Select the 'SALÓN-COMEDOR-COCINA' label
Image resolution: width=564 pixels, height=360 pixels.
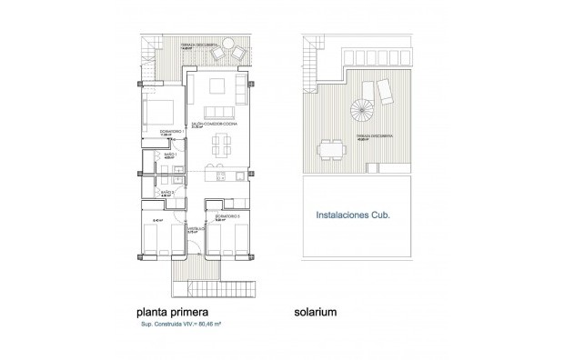[x=207, y=125]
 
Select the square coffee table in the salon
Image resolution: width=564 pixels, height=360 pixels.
[x=218, y=87]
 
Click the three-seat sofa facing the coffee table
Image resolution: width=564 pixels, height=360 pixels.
[x=240, y=87]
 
